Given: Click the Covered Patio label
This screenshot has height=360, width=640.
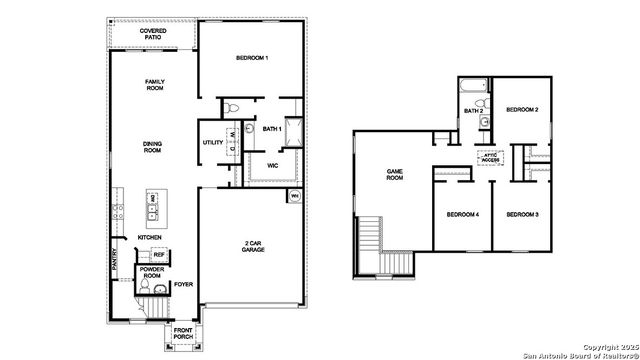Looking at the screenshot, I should pos(153,35).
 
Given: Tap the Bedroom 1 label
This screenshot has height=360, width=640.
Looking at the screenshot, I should pos(252,60).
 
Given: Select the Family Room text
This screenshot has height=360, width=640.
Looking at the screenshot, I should pos(154,85).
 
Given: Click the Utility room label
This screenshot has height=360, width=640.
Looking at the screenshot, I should pos(213,143).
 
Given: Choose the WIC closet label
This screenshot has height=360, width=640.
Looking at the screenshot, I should pos(272,165).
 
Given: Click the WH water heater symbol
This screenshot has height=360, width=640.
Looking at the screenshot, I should pos(294,196).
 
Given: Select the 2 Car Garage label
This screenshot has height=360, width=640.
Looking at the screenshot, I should pos(251,247).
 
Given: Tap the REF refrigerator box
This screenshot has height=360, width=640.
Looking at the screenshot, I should pos(158,255).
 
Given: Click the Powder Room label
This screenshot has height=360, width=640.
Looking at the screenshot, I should pos(152,273).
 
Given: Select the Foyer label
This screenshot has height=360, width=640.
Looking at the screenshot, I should pos(183,285).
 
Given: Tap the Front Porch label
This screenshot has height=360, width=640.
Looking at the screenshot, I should pos(183,334).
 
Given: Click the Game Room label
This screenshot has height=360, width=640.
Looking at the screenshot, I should pos(395,175).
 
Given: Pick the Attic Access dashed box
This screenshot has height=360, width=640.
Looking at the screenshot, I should pos(489,157).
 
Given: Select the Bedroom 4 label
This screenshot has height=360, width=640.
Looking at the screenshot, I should pos(463,215).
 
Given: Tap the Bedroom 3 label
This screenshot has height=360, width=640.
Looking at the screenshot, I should pos(522,215).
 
